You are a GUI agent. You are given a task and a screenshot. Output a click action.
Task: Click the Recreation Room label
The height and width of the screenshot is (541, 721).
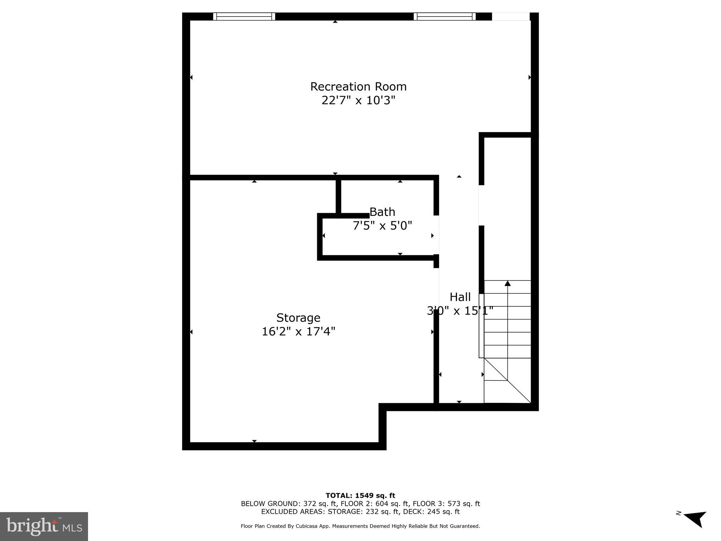click(x=358, y=87)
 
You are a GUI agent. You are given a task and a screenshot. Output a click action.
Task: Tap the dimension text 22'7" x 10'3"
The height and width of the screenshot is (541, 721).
click(x=358, y=101)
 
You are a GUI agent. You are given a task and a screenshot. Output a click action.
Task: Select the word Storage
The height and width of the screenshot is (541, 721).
click(x=298, y=318)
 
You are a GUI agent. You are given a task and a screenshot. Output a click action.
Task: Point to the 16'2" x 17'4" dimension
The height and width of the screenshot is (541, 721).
click(x=298, y=332)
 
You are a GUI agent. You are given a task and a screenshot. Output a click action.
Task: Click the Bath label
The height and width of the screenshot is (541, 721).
click(x=382, y=212)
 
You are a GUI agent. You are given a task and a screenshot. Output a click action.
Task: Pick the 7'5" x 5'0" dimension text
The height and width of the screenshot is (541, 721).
click(x=382, y=226)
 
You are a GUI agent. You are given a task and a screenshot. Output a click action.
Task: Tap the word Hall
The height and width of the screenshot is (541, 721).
click(x=460, y=297)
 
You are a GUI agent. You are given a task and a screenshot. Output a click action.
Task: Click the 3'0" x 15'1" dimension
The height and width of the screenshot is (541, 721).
click(x=460, y=311)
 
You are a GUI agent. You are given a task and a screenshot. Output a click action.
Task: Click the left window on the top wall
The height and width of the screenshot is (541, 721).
click(x=244, y=17)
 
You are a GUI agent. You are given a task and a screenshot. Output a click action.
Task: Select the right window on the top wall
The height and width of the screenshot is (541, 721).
click(x=445, y=17)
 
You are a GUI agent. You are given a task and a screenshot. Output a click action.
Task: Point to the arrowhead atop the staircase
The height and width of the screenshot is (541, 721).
click(x=507, y=284)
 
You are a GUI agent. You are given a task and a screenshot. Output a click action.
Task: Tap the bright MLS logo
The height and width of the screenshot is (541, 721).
click(x=44, y=527)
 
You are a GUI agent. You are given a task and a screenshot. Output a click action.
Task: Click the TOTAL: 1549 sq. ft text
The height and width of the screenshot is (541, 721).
click(x=360, y=496)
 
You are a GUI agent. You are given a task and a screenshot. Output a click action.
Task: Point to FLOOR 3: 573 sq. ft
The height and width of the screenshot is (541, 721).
click(x=446, y=504)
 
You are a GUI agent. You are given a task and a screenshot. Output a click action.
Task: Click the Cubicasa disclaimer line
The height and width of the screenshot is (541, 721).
click(x=360, y=526)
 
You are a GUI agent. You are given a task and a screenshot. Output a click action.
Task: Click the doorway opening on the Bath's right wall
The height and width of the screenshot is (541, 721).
click(x=436, y=235)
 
